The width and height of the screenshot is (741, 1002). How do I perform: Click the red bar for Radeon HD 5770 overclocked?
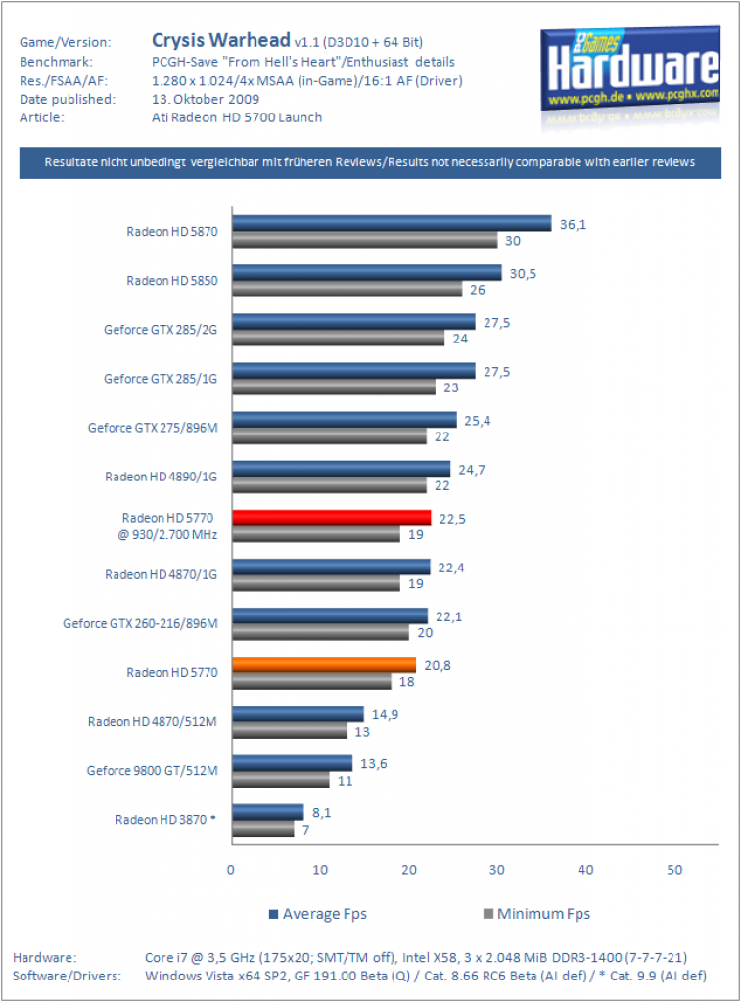click(x=331, y=518)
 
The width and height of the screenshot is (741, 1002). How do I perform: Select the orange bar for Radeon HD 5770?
click(x=323, y=664)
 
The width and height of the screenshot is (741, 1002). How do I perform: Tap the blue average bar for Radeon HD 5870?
click(x=392, y=223)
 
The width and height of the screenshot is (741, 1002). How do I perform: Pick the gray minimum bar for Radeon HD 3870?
click(x=262, y=829)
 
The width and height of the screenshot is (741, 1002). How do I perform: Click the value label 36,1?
click(x=573, y=224)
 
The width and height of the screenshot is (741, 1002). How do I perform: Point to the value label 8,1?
click(x=322, y=813)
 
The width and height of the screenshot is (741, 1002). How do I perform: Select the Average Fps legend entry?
click(x=318, y=914)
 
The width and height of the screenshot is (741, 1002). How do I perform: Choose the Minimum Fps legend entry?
click(x=536, y=914)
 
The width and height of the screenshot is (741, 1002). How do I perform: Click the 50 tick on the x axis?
click(x=674, y=870)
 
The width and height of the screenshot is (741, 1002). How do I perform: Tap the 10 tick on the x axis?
click(x=320, y=870)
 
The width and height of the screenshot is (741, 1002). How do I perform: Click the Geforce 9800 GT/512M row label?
click(x=152, y=771)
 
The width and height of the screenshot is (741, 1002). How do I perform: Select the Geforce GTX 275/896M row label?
click(x=153, y=428)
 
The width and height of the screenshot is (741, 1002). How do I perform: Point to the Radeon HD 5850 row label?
click(x=172, y=281)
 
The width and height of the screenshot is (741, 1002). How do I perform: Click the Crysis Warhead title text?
click(x=220, y=40)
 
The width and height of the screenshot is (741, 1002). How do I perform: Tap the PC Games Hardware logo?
click(x=630, y=70)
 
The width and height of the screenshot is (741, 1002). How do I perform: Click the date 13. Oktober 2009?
click(x=206, y=99)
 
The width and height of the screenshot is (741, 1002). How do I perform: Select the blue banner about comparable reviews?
click(x=370, y=162)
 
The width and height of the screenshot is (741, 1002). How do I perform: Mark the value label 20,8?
click(x=438, y=665)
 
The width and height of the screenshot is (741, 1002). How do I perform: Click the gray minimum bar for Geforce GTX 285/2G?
click(x=339, y=338)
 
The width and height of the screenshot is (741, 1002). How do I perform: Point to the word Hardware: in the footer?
click(x=45, y=957)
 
